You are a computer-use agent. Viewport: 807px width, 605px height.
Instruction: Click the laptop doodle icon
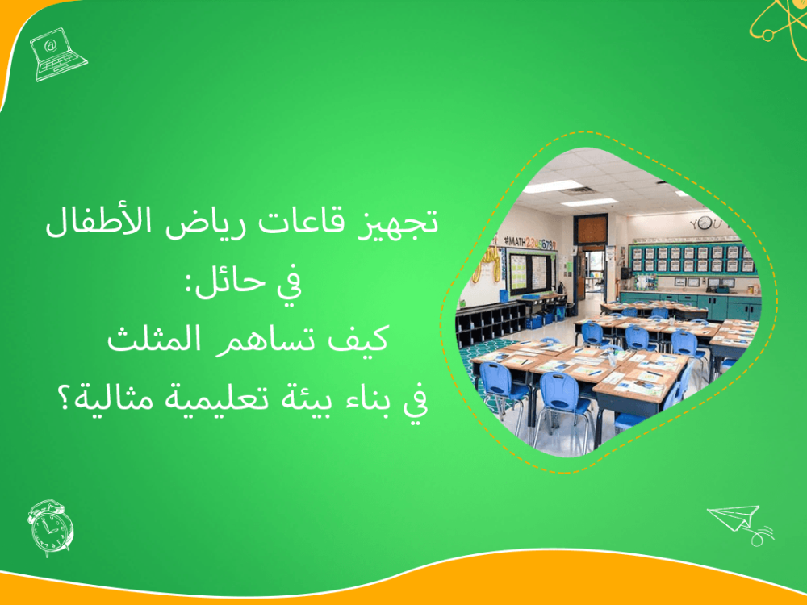pyautogui.click(x=57, y=53)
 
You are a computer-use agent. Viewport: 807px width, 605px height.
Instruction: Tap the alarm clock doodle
pyautogui.click(x=50, y=528)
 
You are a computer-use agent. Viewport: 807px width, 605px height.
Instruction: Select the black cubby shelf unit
pyautogui.click(x=484, y=323)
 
